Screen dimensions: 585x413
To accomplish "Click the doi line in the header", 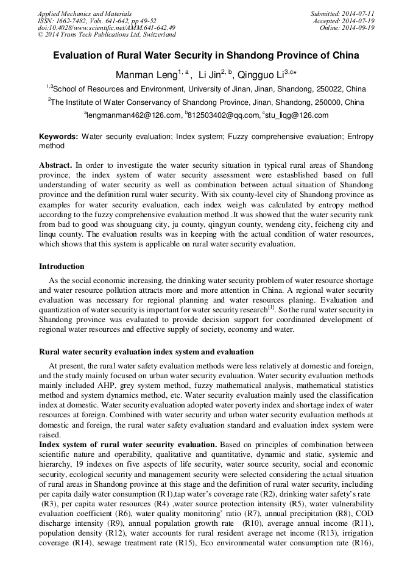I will click(x=107, y=27).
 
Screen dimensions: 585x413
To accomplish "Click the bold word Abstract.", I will click(x=55, y=165).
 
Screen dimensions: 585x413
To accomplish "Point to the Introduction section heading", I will click(x=62, y=267).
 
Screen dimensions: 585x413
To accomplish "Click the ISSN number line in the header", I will click(x=97, y=21).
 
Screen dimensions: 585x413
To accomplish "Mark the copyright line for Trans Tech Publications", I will click(x=107, y=35).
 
